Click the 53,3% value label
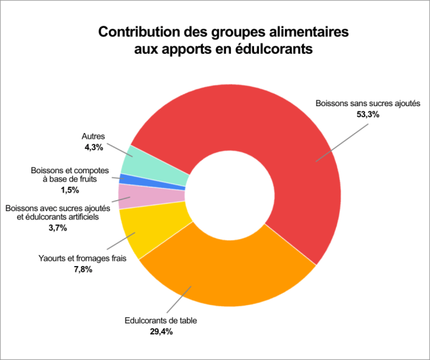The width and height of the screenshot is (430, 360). coord(368,115)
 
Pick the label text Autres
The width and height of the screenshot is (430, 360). coord(93,136)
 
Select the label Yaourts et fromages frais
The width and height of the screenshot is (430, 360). coord(79,259)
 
